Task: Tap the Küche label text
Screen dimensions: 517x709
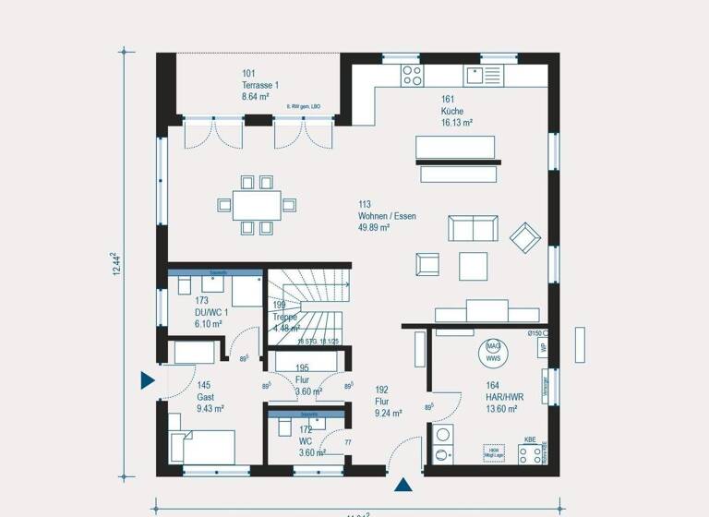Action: coord(451,111)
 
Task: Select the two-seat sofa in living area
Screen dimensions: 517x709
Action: coord(473,229)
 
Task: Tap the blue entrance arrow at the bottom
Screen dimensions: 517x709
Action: coord(403,484)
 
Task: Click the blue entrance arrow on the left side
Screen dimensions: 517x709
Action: coord(147,379)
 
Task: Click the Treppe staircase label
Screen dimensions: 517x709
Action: coord(285,317)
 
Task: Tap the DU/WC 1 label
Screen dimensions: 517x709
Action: coord(210,312)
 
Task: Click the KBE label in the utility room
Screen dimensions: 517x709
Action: coord(530,440)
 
